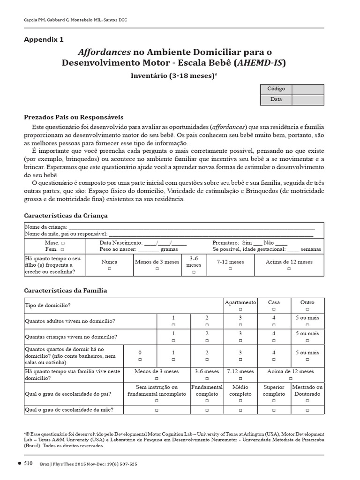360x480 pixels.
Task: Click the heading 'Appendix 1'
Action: [44, 39]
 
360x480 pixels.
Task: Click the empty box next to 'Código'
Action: [307, 89]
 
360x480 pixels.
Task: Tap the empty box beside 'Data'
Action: [307, 100]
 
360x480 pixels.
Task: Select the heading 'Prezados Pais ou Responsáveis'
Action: [74, 117]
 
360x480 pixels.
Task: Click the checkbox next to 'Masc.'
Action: [63, 243]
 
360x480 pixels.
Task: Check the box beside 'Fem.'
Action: [63, 250]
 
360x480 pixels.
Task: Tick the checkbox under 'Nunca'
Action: [109, 269]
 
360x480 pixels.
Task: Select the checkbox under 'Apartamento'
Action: [240, 310]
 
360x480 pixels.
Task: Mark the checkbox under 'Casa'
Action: [274, 310]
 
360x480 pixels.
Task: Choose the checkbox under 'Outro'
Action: [307, 310]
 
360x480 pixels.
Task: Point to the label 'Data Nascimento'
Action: [121, 243]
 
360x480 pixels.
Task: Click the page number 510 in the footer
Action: [28, 464]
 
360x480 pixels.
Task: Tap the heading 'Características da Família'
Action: [66, 291]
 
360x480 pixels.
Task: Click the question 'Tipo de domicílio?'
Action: [48, 306]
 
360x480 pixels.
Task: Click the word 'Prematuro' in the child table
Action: [225, 243]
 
